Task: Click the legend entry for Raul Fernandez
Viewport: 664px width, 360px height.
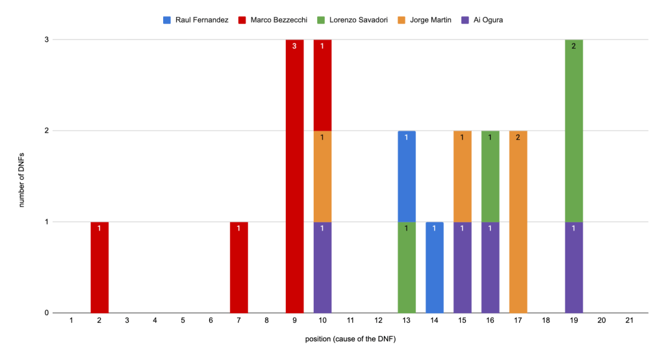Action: click(x=196, y=19)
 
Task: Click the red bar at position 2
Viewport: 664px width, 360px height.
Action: click(x=99, y=267)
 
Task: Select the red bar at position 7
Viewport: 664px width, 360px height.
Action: click(x=239, y=267)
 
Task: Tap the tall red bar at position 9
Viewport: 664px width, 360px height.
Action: click(x=295, y=176)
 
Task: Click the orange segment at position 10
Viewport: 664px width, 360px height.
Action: click(x=323, y=176)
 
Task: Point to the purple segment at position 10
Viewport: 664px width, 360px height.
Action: click(x=323, y=267)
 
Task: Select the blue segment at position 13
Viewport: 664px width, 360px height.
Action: click(x=407, y=176)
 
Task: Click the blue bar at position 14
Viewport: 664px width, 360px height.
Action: click(x=435, y=267)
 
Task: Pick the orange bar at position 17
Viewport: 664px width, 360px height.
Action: click(x=518, y=222)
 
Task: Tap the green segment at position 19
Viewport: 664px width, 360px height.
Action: click(x=574, y=131)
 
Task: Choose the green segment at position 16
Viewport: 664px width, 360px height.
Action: click(x=491, y=176)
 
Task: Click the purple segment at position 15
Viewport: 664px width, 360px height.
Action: click(x=463, y=267)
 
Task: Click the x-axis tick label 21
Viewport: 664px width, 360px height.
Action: click(x=630, y=321)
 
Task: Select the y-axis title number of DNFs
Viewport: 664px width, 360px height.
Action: click(x=21, y=176)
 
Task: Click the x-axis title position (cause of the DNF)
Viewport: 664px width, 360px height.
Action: click(x=351, y=340)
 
